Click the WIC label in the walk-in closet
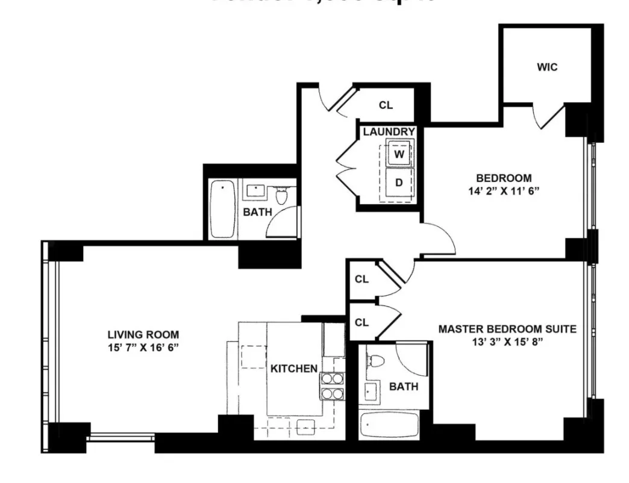547,67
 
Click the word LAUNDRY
389,132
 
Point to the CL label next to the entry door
386,105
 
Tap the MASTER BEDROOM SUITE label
507,329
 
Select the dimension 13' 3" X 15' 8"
507,342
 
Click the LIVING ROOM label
143,334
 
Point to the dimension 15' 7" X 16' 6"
143,347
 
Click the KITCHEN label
293,368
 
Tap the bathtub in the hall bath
222,210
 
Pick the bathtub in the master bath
389,426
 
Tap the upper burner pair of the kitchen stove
329,378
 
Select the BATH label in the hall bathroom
257,212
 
